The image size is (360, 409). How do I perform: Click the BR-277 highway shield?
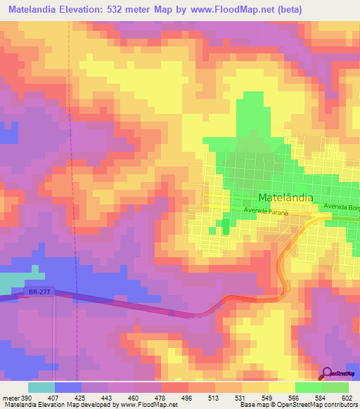tap(34, 291)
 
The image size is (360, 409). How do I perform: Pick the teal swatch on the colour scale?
tap(41, 387)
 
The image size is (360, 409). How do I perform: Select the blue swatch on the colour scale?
tap(67, 387)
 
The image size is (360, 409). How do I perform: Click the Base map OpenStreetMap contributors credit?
tap(298, 405)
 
